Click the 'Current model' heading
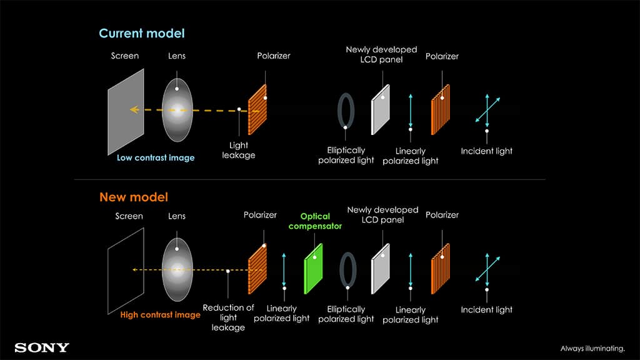tap(142, 33)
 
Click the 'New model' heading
tap(134, 197)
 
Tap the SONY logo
tap(42, 347)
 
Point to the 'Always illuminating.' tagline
tap(592, 348)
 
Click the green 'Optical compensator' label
tap(316, 221)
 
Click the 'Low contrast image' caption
tap(156, 158)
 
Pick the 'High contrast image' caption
tap(161, 315)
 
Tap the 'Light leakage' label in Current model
tap(239, 150)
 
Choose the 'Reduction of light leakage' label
tap(229, 317)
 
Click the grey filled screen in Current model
tap(126, 111)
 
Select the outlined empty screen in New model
tap(126, 269)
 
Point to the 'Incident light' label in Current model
tap(487, 151)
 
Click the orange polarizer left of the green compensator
tap(257, 269)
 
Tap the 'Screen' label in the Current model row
tap(124, 56)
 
